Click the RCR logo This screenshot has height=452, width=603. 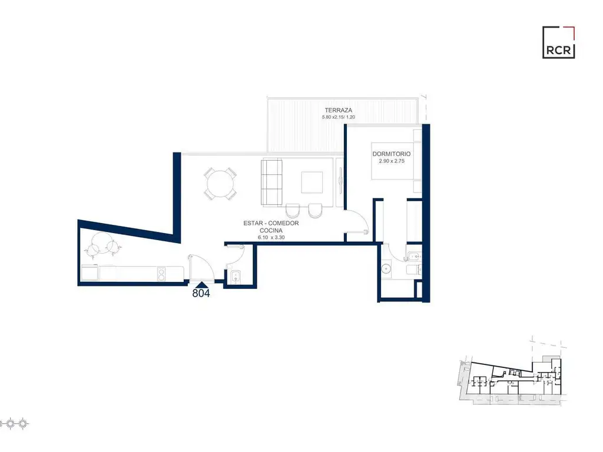(x=558, y=42)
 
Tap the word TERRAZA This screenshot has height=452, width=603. (x=339, y=110)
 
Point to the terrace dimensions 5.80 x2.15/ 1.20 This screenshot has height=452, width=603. (x=339, y=117)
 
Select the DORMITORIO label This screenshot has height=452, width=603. (x=392, y=154)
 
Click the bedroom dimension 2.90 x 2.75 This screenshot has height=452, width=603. (x=392, y=161)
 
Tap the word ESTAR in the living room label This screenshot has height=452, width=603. (x=253, y=223)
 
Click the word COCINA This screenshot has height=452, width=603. (x=271, y=230)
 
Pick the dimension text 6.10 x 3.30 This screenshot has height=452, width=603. (x=271, y=238)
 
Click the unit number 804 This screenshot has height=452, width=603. (x=201, y=293)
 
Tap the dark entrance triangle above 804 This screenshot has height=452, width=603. (x=201, y=285)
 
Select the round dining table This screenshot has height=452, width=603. (x=220, y=184)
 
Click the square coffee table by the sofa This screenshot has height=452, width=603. (x=312, y=182)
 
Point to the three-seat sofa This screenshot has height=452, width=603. (x=271, y=182)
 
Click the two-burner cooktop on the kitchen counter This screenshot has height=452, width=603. (x=161, y=274)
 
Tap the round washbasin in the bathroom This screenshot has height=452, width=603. (x=386, y=268)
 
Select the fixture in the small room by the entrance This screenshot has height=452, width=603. (x=236, y=276)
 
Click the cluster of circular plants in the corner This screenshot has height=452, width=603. (x=103, y=244)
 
